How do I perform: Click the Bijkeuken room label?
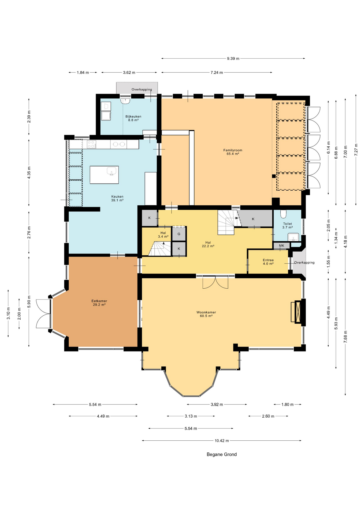[133, 118]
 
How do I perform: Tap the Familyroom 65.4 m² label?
[233, 152]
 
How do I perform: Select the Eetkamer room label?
[99, 303]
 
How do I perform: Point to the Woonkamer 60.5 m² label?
[206, 314]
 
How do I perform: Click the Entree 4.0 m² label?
[268, 262]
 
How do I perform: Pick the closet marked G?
[179, 234]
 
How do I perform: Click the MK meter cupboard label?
[281, 245]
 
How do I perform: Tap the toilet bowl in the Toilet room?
[283, 214]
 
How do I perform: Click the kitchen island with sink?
[104, 175]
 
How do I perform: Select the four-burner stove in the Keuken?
[91, 144]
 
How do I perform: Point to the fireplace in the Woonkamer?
[298, 312]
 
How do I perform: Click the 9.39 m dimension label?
[233, 58]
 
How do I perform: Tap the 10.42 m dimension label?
[222, 440]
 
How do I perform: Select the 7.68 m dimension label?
[345, 337]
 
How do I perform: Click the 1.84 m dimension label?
[83, 73]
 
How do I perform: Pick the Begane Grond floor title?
[222, 454]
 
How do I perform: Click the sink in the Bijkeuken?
[125, 101]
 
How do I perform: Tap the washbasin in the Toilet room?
[293, 237]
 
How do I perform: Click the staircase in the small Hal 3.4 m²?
[160, 249]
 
